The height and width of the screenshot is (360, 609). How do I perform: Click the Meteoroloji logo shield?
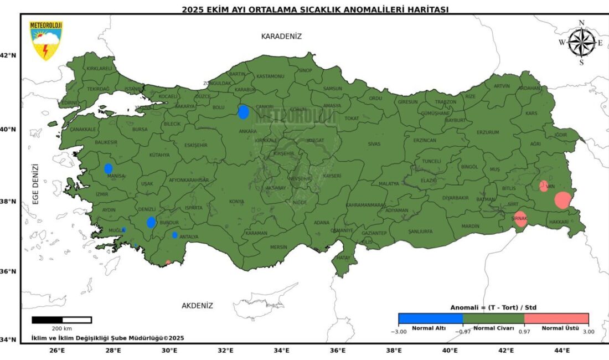pyautogui.click(x=46, y=40)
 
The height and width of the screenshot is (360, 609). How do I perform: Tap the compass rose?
pyautogui.click(x=582, y=43)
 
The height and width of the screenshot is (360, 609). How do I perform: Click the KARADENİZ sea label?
pyautogui.click(x=281, y=36)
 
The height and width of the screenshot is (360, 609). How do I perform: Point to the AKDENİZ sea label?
pyautogui.click(x=197, y=305)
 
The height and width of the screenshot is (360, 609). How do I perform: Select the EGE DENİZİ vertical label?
pyautogui.click(x=35, y=184)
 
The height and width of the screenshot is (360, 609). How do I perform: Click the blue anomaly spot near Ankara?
pyautogui.click(x=243, y=112)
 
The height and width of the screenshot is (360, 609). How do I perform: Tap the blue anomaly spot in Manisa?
pyautogui.click(x=109, y=168)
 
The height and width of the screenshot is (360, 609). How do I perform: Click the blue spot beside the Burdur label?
pyautogui.click(x=151, y=222)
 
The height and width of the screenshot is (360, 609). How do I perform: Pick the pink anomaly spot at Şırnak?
pyautogui.click(x=520, y=219)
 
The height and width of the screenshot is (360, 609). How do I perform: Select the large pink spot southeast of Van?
pyautogui.click(x=562, y=200)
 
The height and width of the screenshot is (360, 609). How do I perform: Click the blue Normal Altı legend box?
pyautogui.click(x=430, y=318)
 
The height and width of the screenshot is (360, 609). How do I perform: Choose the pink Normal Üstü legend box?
pyautogui.click(x=556, y=318)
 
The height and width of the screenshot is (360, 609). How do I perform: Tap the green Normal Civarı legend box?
pyautogui.click(x=493, y=318)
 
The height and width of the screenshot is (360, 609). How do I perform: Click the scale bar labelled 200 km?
pyautogui.click(x=61, y=320)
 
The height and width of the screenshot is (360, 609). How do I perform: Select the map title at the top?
pyautogui.click(x=315, y=9)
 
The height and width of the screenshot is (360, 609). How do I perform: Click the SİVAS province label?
pyautogui.click(x=375, y=144)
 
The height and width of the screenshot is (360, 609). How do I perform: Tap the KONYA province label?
pyautogui.click(x=236, y=202)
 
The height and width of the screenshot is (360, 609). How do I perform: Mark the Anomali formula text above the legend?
pyautogui.click(x=493, y=307)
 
